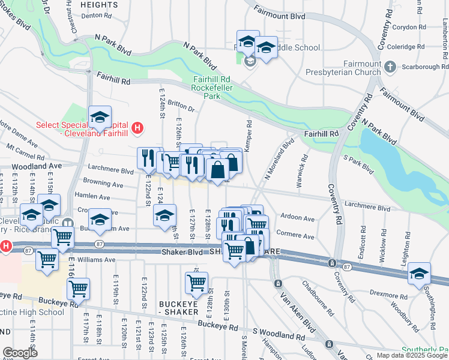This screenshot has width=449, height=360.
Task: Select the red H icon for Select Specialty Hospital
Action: point(137,128)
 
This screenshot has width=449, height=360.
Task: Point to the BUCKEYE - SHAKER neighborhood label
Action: point(179,308)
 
